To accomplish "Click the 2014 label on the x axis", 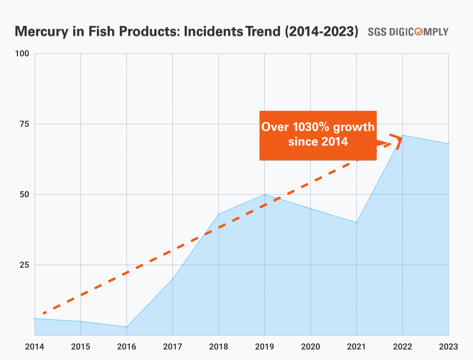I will click(34, 347).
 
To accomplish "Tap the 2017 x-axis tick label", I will click(172, 347).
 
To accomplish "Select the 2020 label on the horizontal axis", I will click(310, 347).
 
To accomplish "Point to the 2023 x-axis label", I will click(448, 347).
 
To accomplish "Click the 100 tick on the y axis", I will click(22, 54).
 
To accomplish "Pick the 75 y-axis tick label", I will click(24, 124).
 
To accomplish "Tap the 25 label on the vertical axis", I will click(24, 265).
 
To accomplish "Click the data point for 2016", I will click(127, 327).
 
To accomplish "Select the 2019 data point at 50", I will click(265, 195).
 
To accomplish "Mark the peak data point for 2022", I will click(403, 135).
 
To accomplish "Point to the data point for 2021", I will click(356, 223).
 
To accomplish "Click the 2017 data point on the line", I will click(172, 279).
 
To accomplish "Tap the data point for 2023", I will click(448, 144).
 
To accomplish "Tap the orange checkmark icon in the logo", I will click(419, 31).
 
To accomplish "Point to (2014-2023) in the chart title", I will click(321, 31).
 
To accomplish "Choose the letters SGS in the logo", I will click(377, 32).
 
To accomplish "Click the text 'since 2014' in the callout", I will click(318, 142).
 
